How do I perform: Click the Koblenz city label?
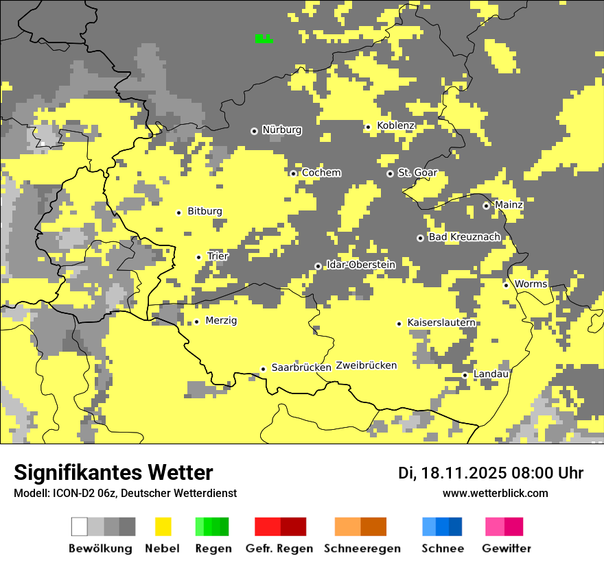(395, 126)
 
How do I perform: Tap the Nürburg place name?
(281, 130)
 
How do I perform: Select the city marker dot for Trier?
(199, 257)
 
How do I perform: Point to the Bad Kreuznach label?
(464, 237)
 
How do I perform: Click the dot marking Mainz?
(486, 206)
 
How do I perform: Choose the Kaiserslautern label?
(441, 323)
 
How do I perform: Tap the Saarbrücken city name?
(301, 368)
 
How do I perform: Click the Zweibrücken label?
(367, 366)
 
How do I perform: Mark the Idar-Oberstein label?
(360, 265)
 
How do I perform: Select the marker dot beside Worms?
(506, 285)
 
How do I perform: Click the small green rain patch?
(264, 39)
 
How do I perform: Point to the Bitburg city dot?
(178, 213)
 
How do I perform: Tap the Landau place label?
(491, 374)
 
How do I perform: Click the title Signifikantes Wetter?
(113, 473)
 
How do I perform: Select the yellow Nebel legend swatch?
(163, 526)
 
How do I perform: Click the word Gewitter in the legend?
(507, 548)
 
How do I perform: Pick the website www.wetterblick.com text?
(496, 493)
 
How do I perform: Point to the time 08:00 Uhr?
(546, 473)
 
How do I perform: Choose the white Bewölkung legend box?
(80, 526)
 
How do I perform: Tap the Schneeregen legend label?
(362, 548)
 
